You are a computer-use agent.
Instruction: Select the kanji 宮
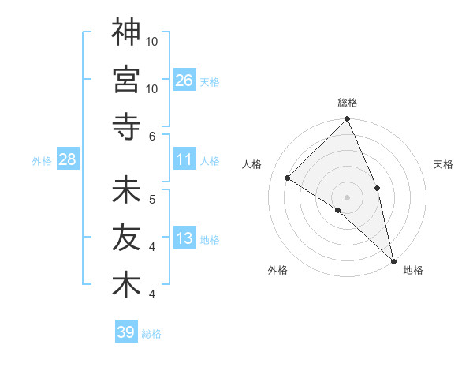pos(126,79)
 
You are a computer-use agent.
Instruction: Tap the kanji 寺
pos(126,126)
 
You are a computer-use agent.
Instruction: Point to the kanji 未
pos(126,190)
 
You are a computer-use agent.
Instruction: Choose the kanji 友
pos(126,238)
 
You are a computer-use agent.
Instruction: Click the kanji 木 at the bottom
pos(126,285)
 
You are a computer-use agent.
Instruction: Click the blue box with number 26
pos(184,80)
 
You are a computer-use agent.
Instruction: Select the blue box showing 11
pos(184,159)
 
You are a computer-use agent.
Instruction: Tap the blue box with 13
pos(184,238)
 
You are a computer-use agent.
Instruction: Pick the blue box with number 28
pos(67,159)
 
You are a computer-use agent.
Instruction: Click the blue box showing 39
pos(125,332)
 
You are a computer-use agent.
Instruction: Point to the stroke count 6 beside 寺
pos(152,136)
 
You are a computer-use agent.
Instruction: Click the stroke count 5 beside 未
pos(152,199)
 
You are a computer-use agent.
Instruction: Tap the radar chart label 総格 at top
pos(348,103)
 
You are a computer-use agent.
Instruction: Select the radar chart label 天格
pos(443,164)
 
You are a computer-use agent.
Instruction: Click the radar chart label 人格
pos(252,164)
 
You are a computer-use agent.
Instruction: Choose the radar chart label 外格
pos(277,270)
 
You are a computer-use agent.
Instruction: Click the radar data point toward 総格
pos(348,120)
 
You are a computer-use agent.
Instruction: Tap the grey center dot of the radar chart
pos(348,197)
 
